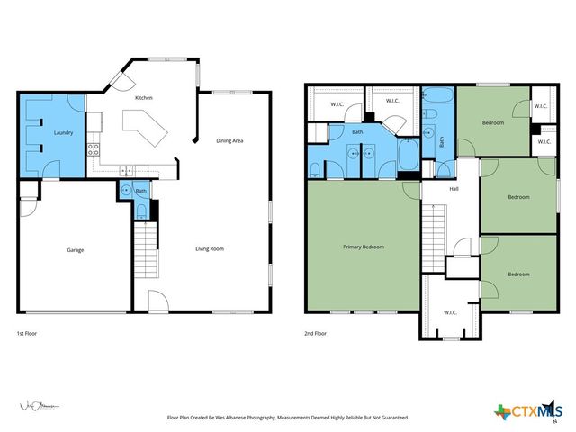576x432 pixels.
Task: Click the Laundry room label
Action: (x=63, y=132)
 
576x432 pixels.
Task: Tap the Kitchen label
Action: (x=144, y=97)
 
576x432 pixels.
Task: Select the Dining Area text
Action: (x=229, y=140)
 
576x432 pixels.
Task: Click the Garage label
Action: (x=75, y=249)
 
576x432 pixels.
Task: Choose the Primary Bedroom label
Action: (x=364, y=246)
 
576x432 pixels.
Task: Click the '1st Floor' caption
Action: (x=27, y=333)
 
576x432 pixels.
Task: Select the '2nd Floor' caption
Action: (x=315, y=333)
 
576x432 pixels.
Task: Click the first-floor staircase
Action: (x=146, y=251)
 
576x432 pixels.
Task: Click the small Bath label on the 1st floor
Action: (x=140, y=191)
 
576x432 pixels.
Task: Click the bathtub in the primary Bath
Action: (x=407, y=157)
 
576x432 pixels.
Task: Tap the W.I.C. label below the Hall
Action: (x=450, y=312)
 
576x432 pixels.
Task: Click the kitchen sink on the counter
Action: (x=127, y=170)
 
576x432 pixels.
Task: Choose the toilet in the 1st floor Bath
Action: (x=140, y=212)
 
